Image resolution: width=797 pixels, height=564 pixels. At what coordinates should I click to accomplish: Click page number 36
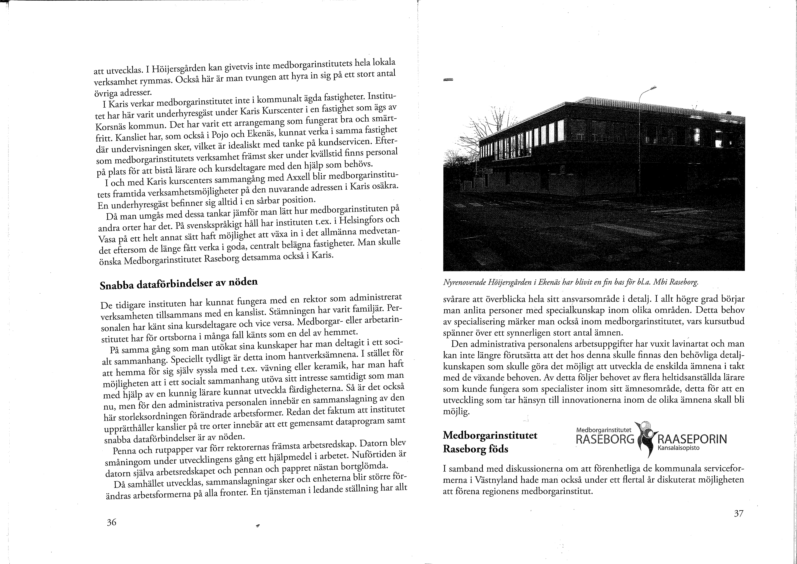[x=111, y=522]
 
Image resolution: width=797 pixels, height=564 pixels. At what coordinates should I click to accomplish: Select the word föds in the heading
[x=498, y=449]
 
